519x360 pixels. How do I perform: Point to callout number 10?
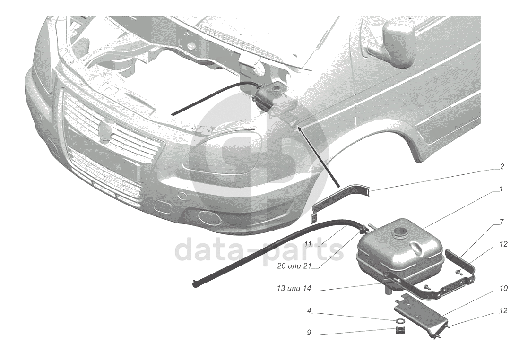click(x=502, y=288)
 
